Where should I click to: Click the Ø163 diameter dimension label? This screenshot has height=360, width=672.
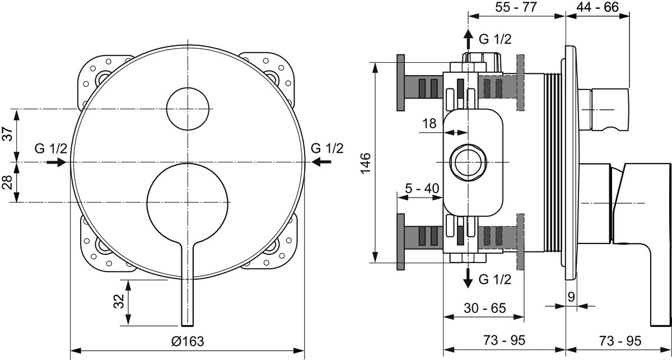pos(188,342)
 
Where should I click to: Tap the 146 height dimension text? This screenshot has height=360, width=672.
pos(366,163)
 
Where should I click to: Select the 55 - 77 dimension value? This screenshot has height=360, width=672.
pos(516,7)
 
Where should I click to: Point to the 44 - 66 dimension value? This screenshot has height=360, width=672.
pos(598,7)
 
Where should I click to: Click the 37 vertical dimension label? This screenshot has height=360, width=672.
pos(8,134)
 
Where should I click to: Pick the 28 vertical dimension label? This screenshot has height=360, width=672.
pos(8,182)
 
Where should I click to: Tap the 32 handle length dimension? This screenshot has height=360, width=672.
pos(119,301)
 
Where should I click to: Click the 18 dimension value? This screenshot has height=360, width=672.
pos(430,123)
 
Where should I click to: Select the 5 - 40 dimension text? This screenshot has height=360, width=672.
pos(422,189)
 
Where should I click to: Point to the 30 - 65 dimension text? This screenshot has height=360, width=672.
pos(485,308)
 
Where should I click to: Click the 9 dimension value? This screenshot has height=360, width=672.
pos(571,297)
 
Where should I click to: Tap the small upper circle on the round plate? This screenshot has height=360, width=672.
pos(188,109)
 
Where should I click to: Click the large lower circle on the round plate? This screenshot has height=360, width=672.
pos(188,203)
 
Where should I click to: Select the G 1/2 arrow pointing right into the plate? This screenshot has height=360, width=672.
pos(56,162)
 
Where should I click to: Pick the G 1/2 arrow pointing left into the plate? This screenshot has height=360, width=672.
pos(321,162)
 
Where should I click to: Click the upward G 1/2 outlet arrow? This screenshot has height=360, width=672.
pos(468,39)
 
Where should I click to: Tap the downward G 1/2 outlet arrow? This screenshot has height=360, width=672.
pos(468,278)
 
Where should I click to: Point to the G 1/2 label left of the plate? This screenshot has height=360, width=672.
pos(51,148)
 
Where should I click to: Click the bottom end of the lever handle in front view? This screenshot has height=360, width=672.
pos(188,325)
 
